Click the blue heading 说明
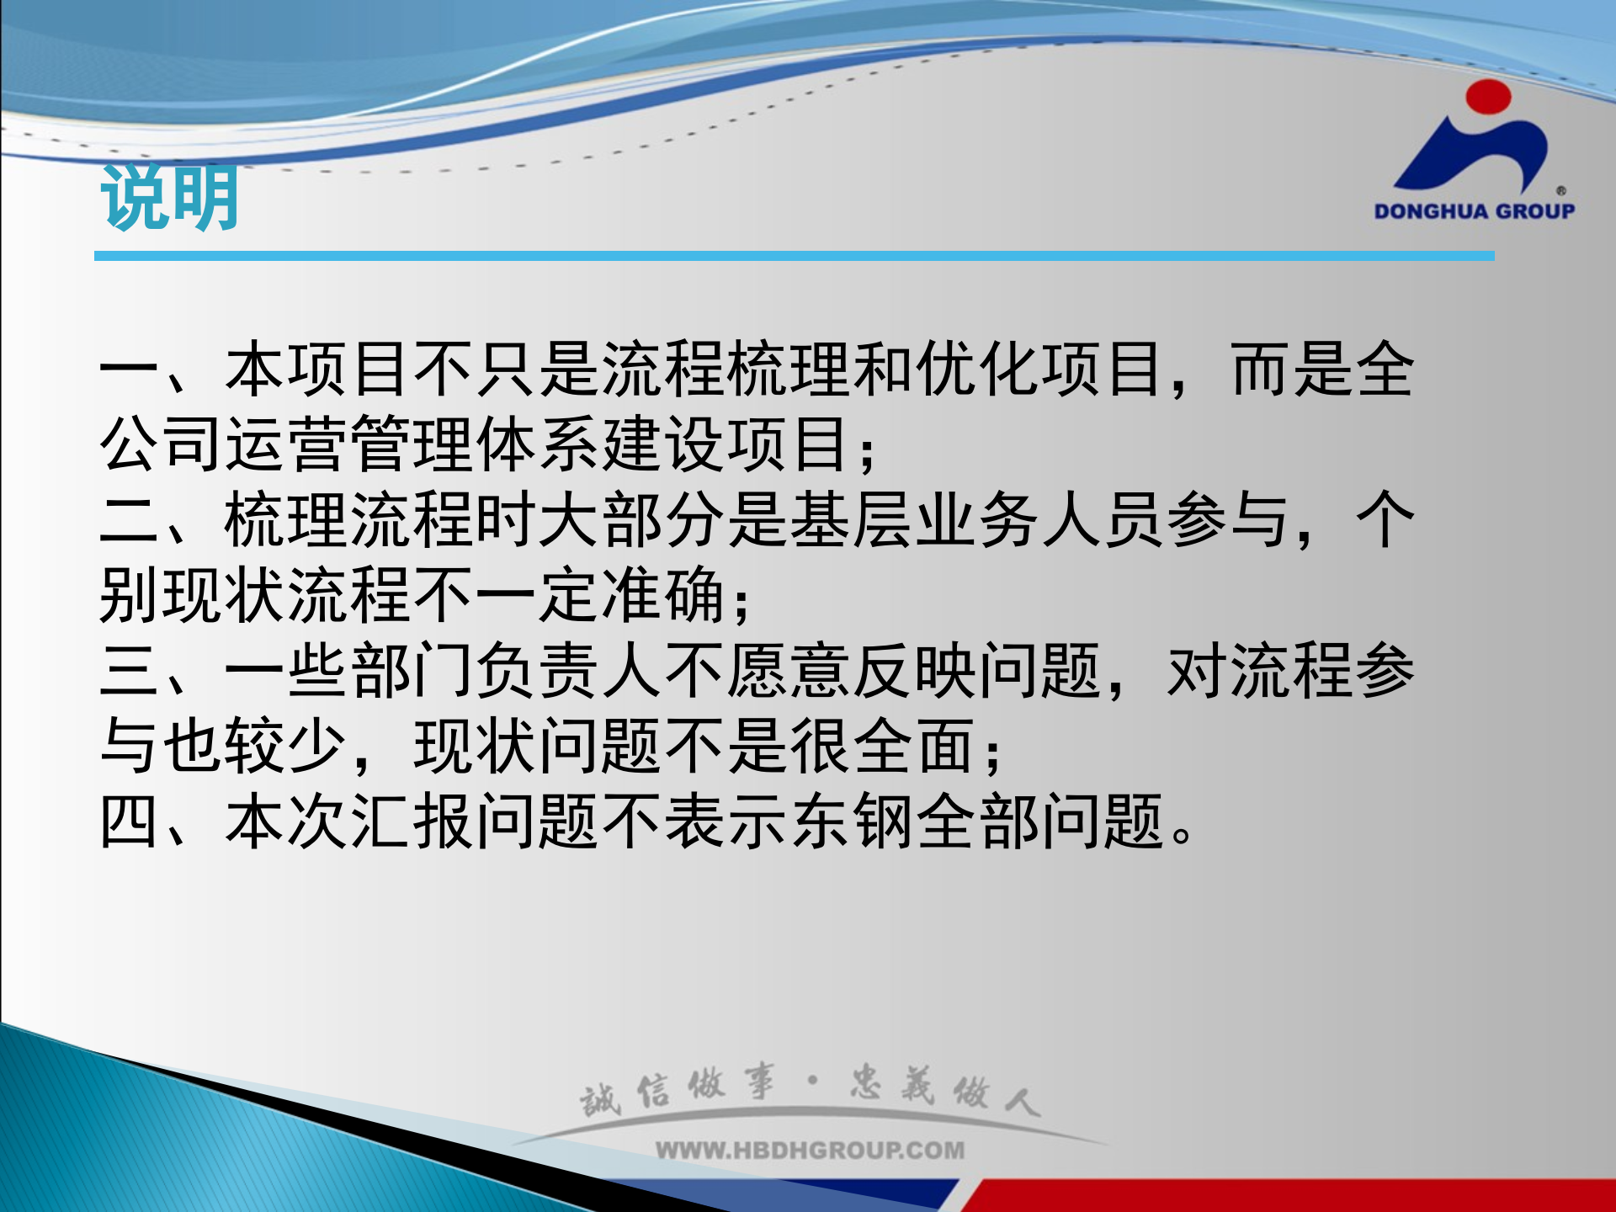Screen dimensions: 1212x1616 (169, 199)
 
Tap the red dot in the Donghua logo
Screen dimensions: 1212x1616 (1488, 97)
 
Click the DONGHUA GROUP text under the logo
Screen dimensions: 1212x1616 (1474, 211)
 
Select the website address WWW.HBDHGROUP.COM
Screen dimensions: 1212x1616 (810, 1150)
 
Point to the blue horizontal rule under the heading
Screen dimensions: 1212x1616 (794, 255)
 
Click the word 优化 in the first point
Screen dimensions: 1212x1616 (978, 370)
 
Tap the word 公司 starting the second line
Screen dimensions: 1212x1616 (162, 444)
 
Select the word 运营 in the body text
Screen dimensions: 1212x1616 (288, 444)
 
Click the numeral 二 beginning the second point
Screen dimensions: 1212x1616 (130, 520)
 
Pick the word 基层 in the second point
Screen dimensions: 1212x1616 (852, 520)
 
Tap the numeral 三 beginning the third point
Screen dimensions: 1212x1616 (130, 671)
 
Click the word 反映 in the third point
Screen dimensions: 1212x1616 (915, 671)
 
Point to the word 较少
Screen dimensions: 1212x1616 (288, 747)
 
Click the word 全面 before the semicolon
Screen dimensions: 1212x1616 (915, 747)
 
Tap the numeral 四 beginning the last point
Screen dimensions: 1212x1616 (130, 822)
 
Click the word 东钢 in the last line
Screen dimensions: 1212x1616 (852, 822)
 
